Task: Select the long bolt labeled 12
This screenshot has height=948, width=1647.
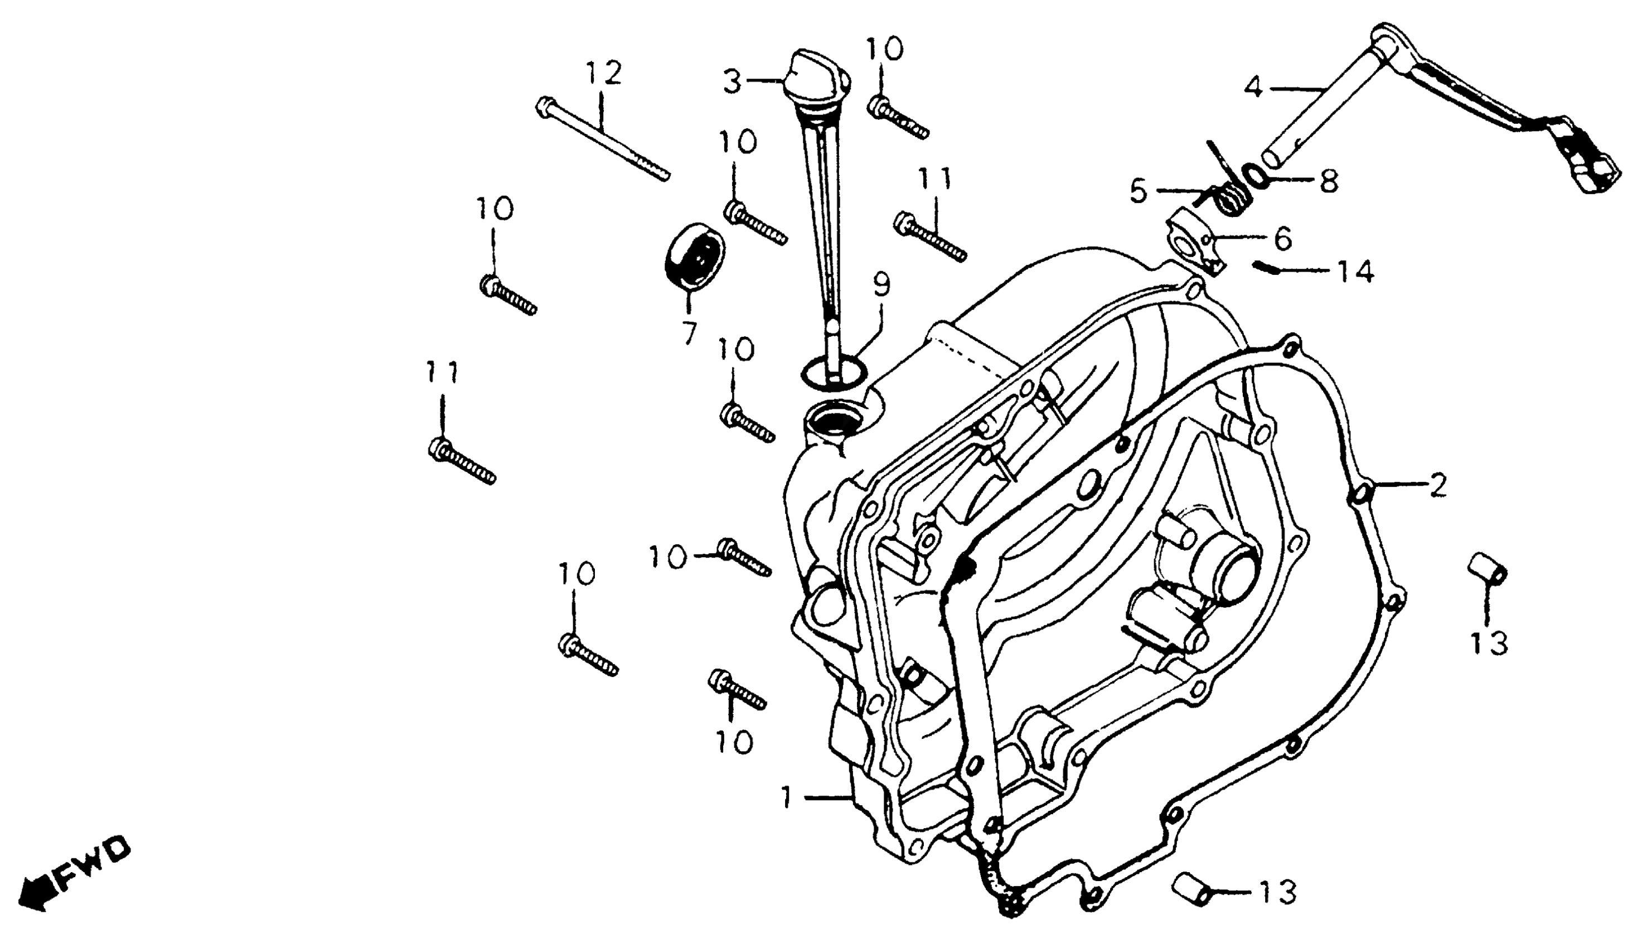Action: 602,139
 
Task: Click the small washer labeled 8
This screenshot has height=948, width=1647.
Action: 1254,175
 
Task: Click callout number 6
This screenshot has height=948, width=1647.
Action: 1282,239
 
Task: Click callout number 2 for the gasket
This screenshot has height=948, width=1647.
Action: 1437,486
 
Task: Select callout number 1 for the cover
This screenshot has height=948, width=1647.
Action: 788,797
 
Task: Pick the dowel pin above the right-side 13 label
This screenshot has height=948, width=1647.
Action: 1487,567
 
